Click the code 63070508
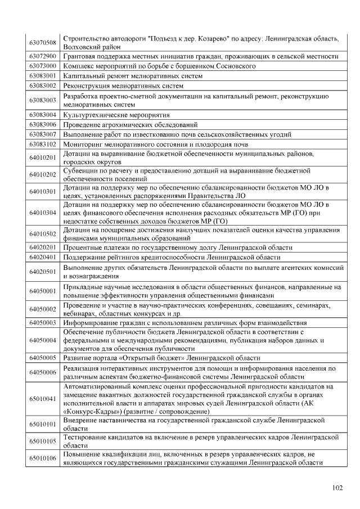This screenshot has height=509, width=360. pyautogui.click(x=43, y=43)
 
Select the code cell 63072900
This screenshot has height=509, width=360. pyautogui.click(x=43, y=56)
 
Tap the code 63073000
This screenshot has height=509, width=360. pyautogui.click(x=43, y=66)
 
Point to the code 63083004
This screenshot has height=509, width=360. pyautogui.click(x=43, y=115)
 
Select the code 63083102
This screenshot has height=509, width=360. pyautogui.click(x=43, y=144)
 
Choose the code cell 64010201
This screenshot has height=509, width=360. pyautogui.click(x=43, y=158)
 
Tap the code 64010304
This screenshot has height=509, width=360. pyautogui.click(x=43, y=213)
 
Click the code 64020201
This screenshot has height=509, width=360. pyautogui.click(x=43, y=247)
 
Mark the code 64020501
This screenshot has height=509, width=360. pyautogui.click(x=43, y=272)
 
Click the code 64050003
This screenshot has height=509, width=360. pyautogui.click(x=43, y=323)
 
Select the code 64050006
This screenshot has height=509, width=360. pyautogui.click(x=43, y=372)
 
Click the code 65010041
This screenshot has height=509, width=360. pyautogui.click(x=43, y=399)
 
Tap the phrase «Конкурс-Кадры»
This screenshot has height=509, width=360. pyautogui.click(x=87, y=412)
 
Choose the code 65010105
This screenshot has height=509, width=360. pyautogui.click(x=43, y=440)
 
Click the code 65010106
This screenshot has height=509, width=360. pyautogui.click(x=43, y=458)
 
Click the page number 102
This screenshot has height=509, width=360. pyautogui.click(x=337, y=488)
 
